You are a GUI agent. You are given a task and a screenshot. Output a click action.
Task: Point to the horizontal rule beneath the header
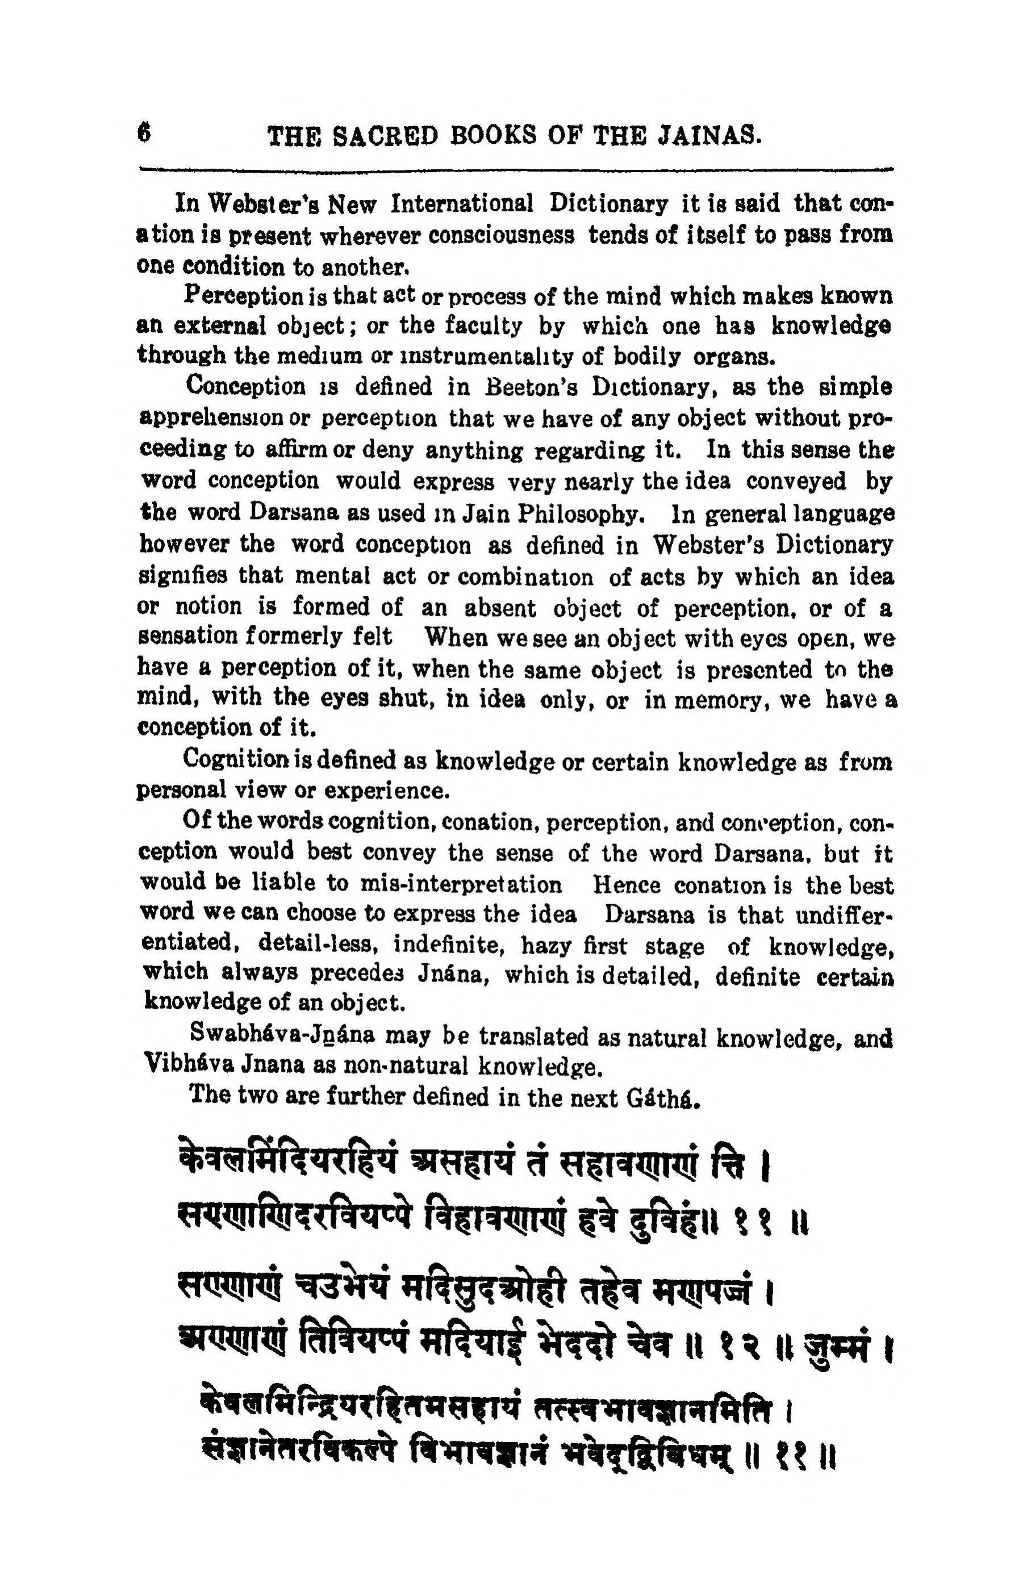click(515, 169)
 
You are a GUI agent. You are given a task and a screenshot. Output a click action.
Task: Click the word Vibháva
click(186, 1064)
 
